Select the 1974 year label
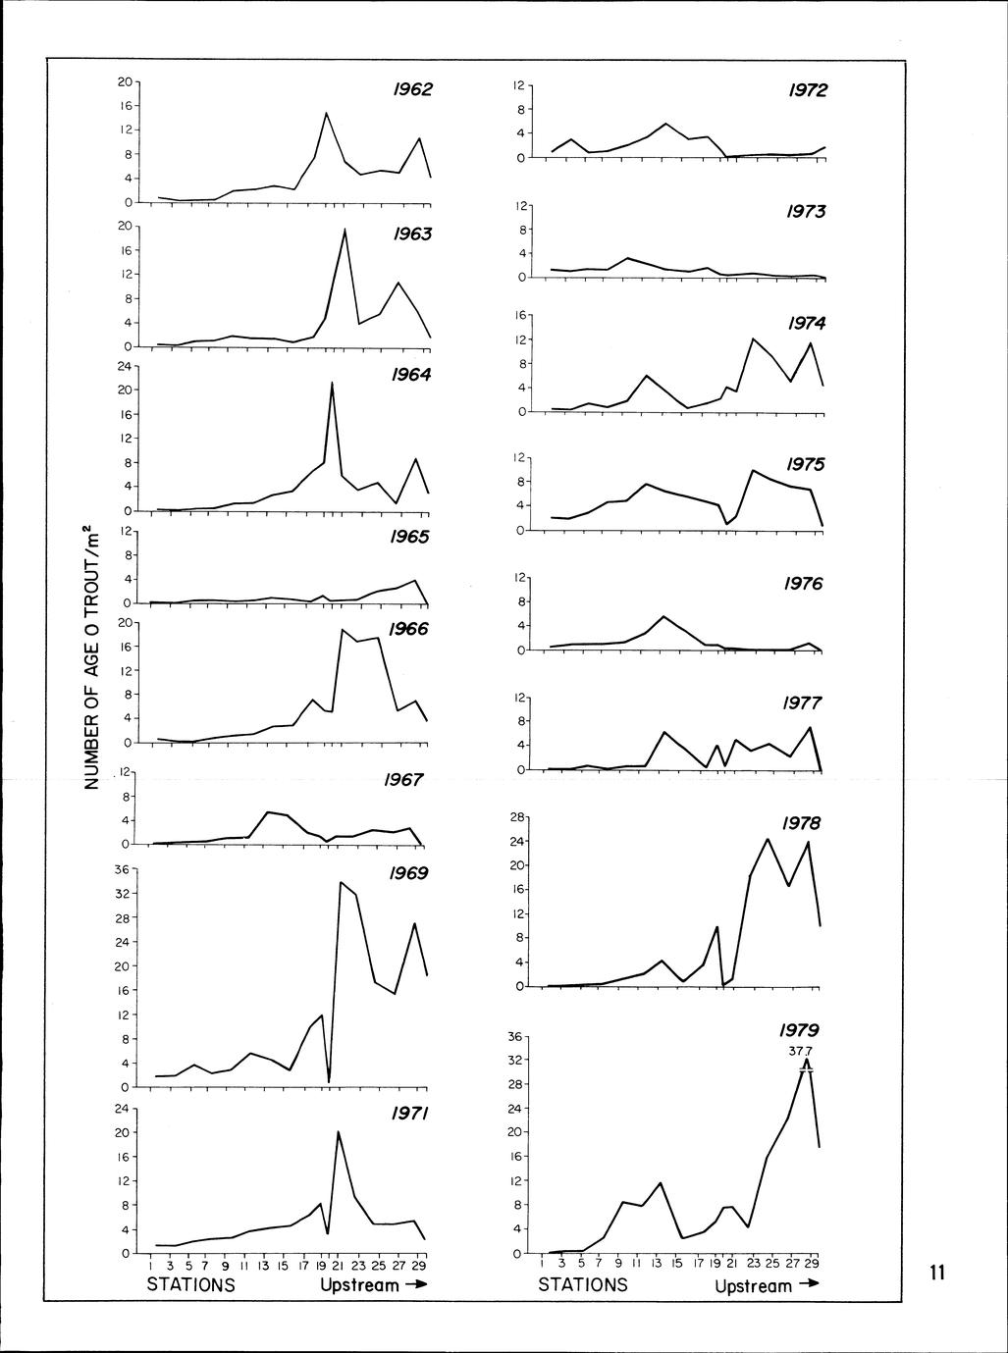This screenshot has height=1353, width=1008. click(x=807, y=324)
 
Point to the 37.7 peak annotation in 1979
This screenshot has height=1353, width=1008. click(x=801, y=1051)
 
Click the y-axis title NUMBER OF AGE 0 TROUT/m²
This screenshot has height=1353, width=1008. click(x=91, y=657)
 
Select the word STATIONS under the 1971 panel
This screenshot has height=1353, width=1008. click(x=190, y=1284)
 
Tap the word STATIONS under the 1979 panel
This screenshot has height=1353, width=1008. click(x=582, y=1284)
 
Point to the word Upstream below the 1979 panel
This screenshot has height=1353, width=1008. click(x=753, y=1286)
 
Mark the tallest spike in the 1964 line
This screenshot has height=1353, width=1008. click(x=332, y=383)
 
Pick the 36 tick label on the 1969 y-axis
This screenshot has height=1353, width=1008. click(x=123, y=868)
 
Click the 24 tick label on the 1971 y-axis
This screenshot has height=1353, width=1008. click(x=123, y=1109)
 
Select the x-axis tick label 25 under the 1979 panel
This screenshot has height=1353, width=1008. click(x=771, y=1265)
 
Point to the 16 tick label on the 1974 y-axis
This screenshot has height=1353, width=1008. click(x=519, y=315)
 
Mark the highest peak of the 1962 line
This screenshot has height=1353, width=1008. click(x=326, y=113)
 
